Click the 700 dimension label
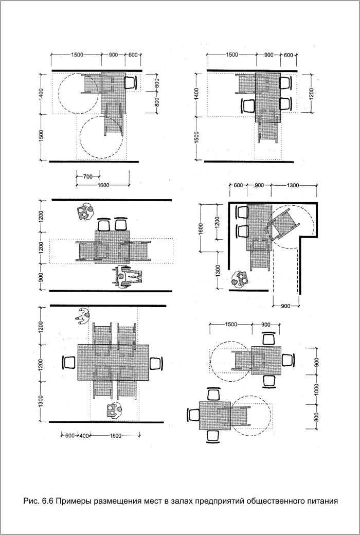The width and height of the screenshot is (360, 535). (x=88, y=177)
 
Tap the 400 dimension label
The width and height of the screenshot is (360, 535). (x=84, y=436)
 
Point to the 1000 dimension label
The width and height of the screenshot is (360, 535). (x=316, y=389)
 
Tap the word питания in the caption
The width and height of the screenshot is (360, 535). (x=321, y=502)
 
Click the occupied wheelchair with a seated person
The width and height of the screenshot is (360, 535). (x=127, y=276)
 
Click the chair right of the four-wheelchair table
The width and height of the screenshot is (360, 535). (x=156, y=363)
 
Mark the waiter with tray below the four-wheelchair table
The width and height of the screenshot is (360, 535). (x=114, y=411)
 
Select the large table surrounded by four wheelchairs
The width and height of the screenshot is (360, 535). (x=113, y=362)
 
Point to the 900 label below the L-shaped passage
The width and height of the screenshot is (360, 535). (x=286, y=306)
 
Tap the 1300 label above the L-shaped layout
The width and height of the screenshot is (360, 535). (x=293, y=185)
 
